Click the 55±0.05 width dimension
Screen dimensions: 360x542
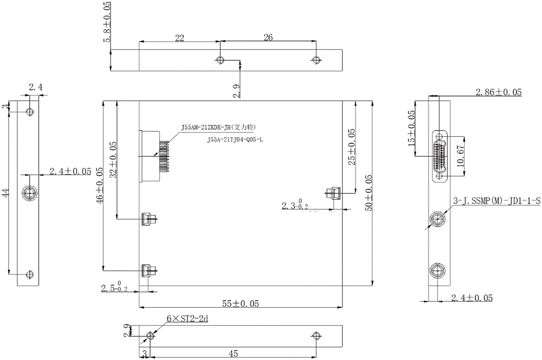[x=240, y=303]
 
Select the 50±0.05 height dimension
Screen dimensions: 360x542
[x=369, y=193]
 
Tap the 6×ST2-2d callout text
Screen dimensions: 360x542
[x=187, y=318]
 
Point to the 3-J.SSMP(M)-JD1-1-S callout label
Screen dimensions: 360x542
[x=496, y=201]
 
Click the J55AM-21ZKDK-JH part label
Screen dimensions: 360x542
[x=218, y=127]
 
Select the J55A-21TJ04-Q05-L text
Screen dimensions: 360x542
[x=235, y=140]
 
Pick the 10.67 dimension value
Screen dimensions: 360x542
[x=461, y=156]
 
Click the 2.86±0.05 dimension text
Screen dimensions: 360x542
[x=498, y=92]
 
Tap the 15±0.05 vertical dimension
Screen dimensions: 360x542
[x=411, y=128]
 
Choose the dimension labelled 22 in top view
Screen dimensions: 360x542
[x=180, y=38]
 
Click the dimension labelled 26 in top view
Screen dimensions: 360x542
[x=268, y=37]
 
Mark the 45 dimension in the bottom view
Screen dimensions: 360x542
[x=233, y=353]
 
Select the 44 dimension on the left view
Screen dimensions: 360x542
[x=6, y=193]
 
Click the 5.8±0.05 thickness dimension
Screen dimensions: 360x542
[x=107, y=22]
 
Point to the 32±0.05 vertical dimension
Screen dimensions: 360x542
[x=114, y=160]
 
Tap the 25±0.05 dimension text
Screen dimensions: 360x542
[x=352, y=147]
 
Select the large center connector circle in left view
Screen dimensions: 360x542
[x=30, y=193]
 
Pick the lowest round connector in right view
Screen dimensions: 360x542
[x=437, y=270]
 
